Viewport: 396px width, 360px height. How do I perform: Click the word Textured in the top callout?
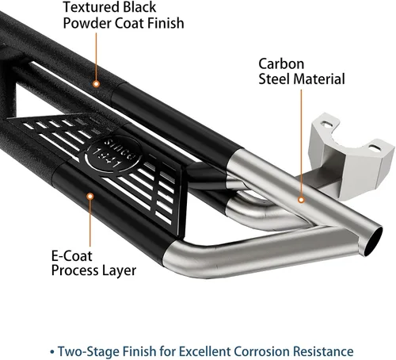[92, 7]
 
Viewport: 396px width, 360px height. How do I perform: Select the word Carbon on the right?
[281, 64]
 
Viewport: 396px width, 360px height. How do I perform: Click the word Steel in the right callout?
[275, 79]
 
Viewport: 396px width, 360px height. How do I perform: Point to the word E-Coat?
[72, 256]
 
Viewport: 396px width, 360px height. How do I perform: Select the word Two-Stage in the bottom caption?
[89, 352]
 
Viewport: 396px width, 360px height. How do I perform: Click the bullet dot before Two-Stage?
[52, 352]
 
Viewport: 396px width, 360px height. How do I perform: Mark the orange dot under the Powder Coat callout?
[97, 84]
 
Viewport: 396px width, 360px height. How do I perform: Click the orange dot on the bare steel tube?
[301, 200]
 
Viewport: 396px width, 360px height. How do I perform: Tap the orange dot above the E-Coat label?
[90, 197]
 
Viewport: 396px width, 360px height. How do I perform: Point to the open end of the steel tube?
[372, 241]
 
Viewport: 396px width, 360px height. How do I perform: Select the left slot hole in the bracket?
[327, 124]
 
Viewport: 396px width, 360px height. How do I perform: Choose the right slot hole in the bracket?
[375, 148]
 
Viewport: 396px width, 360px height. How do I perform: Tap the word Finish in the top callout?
[166, 23]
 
